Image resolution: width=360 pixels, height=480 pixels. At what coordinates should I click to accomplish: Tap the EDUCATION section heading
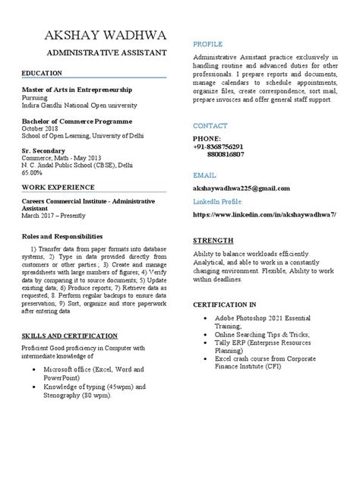[x=42, y=74]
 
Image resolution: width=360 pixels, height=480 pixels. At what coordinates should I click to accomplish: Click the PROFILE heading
[x=207, y=45]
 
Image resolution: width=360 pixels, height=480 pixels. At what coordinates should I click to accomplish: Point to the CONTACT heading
[x=210, y=125]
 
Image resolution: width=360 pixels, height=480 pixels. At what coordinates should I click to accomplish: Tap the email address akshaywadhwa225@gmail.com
[x=242, y=188]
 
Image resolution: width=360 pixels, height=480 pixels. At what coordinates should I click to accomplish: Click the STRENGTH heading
[x=213, y=240]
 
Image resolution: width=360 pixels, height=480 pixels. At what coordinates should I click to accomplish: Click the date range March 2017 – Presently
[x=58, y=216]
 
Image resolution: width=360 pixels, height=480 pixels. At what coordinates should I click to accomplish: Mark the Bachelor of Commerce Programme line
[x=77, y=121]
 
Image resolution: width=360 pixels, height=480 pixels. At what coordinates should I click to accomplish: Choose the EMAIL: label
[x=205, y=175]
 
